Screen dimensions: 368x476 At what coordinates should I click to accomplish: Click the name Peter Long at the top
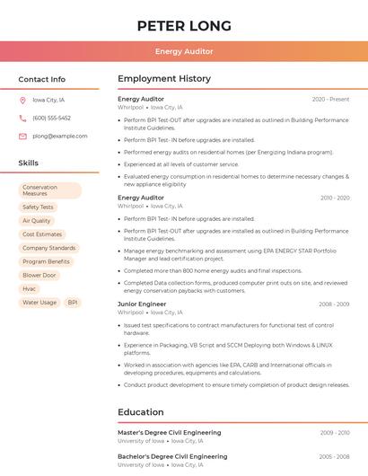(184, 25)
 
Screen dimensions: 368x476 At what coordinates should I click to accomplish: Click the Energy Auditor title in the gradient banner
(184, 51)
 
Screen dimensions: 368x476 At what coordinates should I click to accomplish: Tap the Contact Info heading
(41, 79)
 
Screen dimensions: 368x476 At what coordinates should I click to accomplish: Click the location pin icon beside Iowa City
(22, 100)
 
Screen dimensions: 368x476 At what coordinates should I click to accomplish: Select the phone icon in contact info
(22, 118)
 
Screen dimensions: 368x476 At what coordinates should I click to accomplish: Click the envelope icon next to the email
(22, 136)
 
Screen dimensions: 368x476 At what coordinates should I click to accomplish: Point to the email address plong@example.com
(60, 136)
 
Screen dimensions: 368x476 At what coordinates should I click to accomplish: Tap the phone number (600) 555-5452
(51, 118)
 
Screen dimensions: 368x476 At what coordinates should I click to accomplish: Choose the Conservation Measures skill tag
(49, 190)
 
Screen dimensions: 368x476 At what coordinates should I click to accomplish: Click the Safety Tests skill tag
(38, 207)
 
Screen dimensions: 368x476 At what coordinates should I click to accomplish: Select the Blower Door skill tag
(39, 275)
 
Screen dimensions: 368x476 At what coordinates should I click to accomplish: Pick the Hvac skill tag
(30, 288)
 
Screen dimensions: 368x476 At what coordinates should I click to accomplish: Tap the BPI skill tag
(73, 303)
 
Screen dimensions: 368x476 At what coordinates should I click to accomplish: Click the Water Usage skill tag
(39, 303)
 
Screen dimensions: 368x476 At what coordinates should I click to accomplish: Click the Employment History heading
(163, 79)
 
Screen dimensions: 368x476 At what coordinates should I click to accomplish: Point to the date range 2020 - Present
(330, 99)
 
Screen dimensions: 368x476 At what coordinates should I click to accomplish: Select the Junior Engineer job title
(142, 304)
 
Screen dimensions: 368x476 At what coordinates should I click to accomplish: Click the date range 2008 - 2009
(334, 304)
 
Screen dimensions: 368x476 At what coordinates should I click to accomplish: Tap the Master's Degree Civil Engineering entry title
(169, 432)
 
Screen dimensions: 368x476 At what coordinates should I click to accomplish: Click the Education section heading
(140, 412)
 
